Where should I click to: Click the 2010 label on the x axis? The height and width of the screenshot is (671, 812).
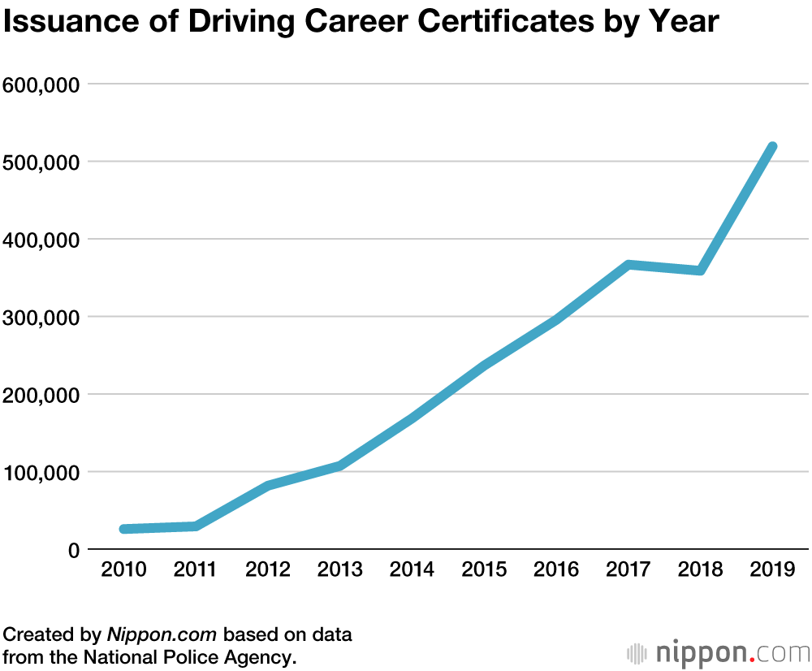(124, 569)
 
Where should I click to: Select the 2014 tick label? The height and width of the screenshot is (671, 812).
(412, 569)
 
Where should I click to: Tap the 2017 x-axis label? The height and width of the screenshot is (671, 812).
(628, 569)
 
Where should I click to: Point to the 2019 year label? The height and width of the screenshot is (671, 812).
(772, 569)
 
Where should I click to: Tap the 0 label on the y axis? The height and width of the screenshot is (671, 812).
(73, 550)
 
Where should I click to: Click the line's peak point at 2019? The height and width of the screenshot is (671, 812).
(772, 147)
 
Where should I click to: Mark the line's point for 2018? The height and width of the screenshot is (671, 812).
(700, 271)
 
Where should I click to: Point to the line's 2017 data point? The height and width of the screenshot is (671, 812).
(628, 265)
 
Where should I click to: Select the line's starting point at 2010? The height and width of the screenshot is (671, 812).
(124, 529)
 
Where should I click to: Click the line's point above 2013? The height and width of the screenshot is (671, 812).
(340, 465)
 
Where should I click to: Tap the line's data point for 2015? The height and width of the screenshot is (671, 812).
(484, 366)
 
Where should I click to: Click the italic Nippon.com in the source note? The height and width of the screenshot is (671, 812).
(162, 634)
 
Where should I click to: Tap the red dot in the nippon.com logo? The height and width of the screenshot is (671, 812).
(754, 658)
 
